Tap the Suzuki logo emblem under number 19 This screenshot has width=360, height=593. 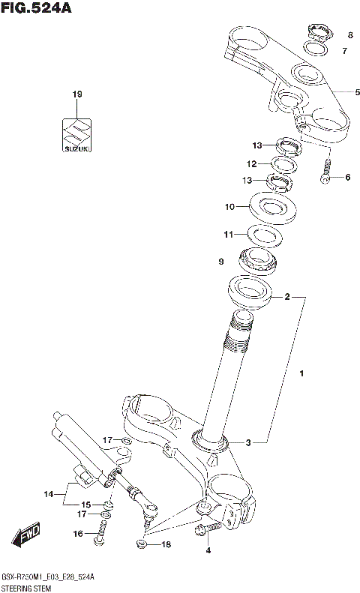[76, 136]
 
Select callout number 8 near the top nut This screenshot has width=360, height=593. [349, 35]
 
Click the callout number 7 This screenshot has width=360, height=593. [344, 51]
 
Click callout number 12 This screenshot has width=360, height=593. [231, 163]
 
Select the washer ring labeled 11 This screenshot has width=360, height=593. [264, 235]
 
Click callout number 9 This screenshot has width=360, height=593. [221, 261]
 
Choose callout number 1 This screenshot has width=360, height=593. [301, 373]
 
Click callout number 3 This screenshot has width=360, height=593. [248, 442]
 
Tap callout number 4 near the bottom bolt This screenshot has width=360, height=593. [208, 550]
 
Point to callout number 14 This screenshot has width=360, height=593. [49, 494]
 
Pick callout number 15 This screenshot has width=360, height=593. [86, 505]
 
